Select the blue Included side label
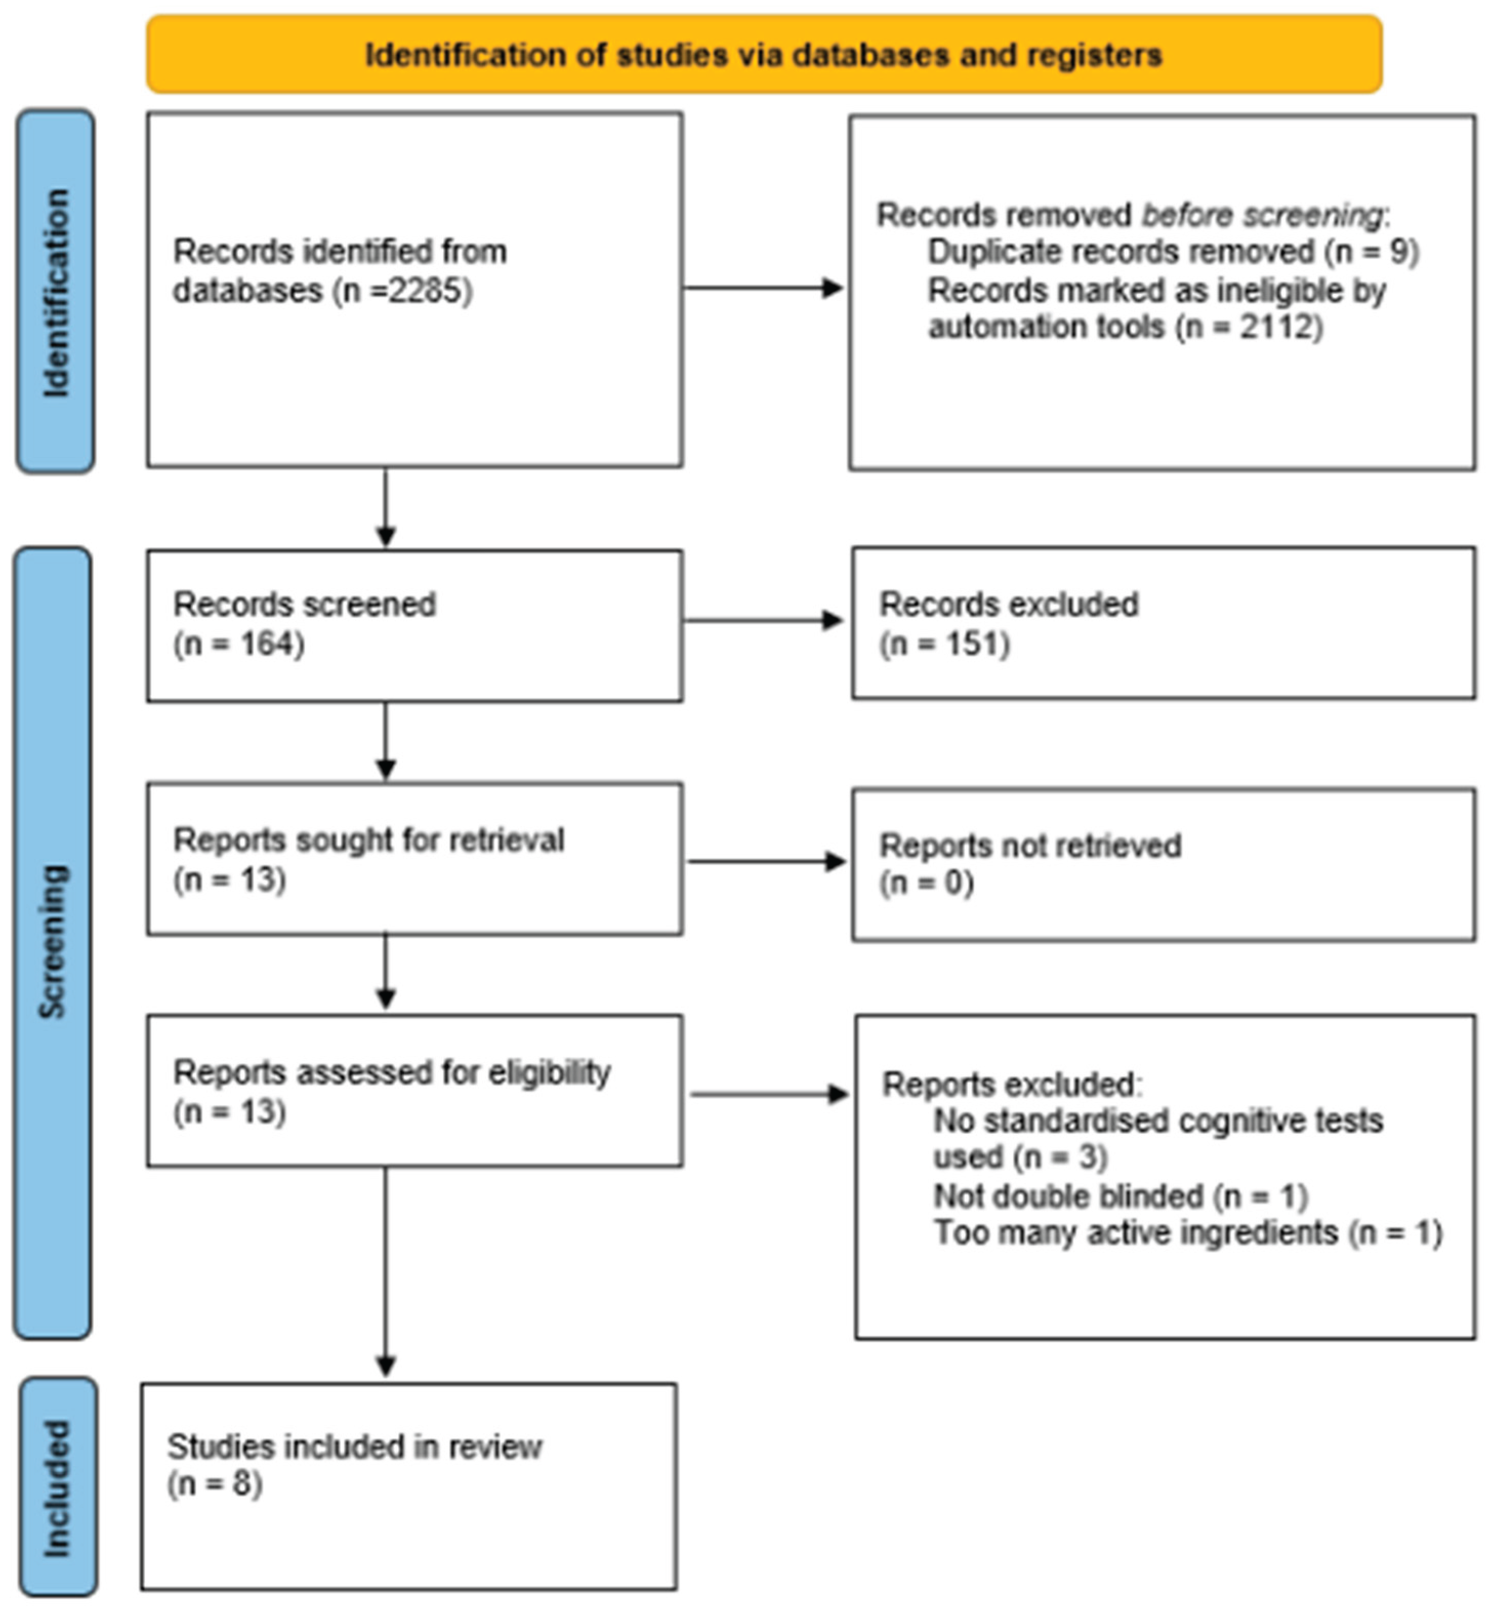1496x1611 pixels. tap(57, 1488)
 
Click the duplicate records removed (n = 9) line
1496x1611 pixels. tap(1172, 252)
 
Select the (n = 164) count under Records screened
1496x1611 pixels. tap(239, 645)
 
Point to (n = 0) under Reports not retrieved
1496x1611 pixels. tap(926, 882)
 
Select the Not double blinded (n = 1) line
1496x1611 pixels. tap(1120, 1196)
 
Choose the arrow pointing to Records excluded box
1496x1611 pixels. tap(763, 621)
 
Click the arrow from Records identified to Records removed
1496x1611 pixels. tap(763, 288)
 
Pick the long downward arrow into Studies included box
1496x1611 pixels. tap(386, 1272)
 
